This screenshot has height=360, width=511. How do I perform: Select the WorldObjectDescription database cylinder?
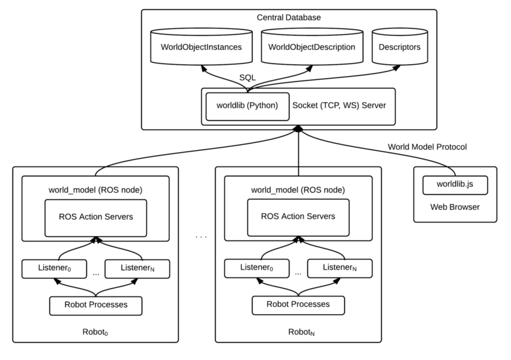(312, 48)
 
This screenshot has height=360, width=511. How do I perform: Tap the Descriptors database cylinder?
(400, 48)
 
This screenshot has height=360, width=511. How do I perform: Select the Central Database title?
(288, 17)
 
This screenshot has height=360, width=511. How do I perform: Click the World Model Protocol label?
(427, 147)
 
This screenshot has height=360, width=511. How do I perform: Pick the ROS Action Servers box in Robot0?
(95, 216)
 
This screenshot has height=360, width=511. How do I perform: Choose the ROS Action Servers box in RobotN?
(297, 216)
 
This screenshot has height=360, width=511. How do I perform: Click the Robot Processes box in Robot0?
(96, 305)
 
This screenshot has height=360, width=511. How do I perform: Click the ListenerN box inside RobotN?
(339, 268)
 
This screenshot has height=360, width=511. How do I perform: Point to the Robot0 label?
(96, 332)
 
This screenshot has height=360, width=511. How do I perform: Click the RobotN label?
(297, 332)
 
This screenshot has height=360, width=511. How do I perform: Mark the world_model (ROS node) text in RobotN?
(297, 190)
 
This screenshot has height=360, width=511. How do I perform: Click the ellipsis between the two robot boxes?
(201, 235)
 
